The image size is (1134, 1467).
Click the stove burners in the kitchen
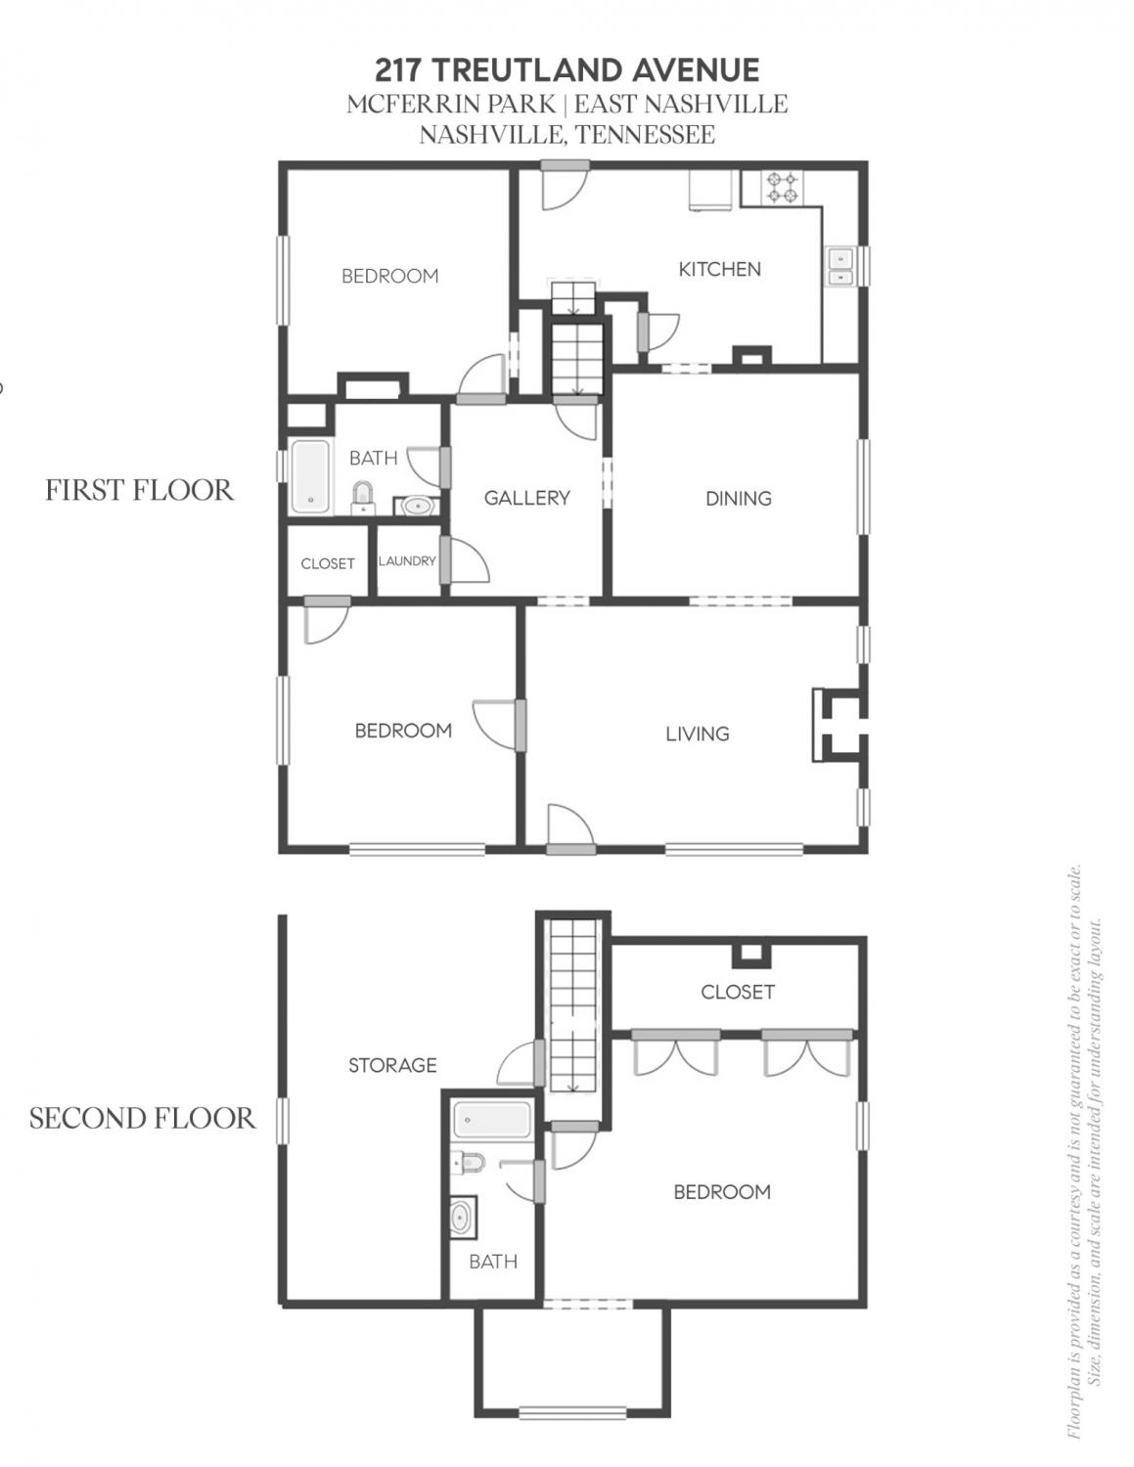[782, 188]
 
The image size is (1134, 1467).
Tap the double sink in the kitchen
[839, 267]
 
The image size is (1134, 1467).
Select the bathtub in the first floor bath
[311, 476]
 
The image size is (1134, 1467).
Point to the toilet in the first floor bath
[363, 498]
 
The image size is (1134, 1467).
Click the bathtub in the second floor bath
[492, 1120]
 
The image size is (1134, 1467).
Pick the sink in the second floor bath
[464, 1217]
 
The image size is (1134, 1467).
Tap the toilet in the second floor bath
[468, 1163]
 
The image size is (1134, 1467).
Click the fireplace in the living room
[839, 725]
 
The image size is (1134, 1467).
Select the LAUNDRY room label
[407, 561]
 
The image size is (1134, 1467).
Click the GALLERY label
[526, 498]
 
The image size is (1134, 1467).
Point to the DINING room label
[738, 499]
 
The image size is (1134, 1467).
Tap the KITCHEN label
[719, 269]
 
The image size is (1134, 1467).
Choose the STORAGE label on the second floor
[392, 1065]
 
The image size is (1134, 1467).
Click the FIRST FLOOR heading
[139, 490]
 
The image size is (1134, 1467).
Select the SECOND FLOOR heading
[142, 1119]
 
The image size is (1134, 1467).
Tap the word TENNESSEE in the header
[645, 135]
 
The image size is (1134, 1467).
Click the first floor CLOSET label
[328, 563]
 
